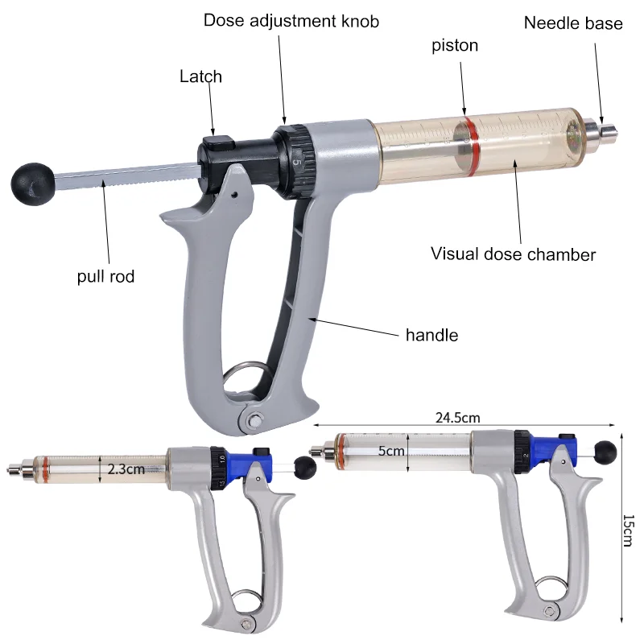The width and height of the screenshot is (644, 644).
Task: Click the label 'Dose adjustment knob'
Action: (291, 21)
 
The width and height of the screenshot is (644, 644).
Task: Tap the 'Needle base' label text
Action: (573, 23)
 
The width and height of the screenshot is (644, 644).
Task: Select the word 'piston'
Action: (455, 46)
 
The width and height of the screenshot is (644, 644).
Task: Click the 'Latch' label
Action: (200, 76)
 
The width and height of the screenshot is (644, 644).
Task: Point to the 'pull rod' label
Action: (105, 276)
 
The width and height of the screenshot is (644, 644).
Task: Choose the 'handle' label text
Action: (431, 335)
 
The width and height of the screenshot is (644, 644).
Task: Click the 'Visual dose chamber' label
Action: (513, 254)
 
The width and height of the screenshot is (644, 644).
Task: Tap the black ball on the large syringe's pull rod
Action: (33, 184)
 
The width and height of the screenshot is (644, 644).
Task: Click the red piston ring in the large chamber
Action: (471, 146)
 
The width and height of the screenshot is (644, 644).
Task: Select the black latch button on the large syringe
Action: (218, 142)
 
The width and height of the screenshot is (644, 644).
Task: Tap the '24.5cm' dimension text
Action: (457, 418)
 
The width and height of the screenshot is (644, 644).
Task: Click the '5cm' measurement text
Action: (391, 451)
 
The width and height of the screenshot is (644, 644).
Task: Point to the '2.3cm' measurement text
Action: (126, 469)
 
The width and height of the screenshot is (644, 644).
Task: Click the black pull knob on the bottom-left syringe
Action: (305, 467)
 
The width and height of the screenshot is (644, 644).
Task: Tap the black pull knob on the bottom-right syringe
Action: (605, 452)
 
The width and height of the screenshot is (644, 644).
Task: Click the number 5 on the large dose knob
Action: (297, 163)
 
